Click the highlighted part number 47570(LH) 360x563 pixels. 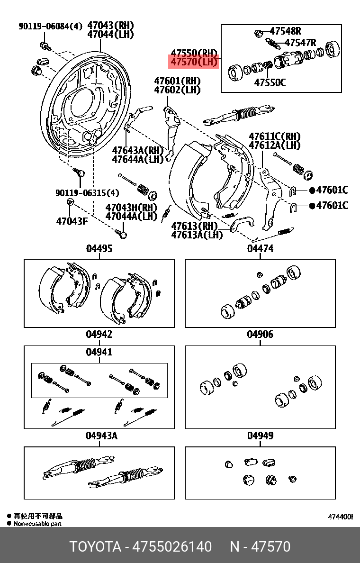coord(194,62)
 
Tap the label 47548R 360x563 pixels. coord(285,31)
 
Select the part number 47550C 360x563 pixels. coord(270,82)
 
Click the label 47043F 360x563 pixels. coord(72,221)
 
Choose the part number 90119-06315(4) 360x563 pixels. coord(87,193)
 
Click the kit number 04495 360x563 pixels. coord(99,248)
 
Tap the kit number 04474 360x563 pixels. coord(260,248)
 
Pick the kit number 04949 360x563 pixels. coord(260,436)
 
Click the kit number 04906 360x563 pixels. coord(260,335)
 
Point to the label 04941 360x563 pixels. coord(99,352)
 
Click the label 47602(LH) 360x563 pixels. coord(177,90)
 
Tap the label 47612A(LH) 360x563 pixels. coord(275,145)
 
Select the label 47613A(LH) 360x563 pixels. coord(197,235)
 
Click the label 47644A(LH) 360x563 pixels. coord(137,160)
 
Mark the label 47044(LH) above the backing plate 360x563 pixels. coord(111,34)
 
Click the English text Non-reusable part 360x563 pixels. coord(37,524)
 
